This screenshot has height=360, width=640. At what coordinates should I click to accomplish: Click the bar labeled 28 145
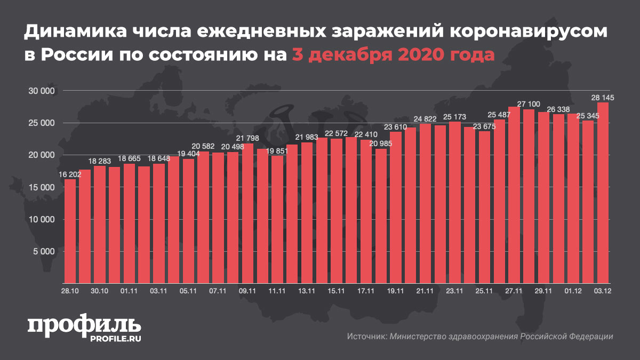[x=603, y=192]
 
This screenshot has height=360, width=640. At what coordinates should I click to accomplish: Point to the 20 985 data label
[x=381, y=144]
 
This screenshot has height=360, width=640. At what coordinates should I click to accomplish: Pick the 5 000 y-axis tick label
[x=45, y=251]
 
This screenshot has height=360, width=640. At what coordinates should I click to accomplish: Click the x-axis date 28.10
[x=70, y=291]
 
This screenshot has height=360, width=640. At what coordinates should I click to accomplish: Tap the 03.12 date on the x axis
[x=603, y=291]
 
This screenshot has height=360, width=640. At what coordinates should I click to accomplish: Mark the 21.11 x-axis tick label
[x=425, y=291]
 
